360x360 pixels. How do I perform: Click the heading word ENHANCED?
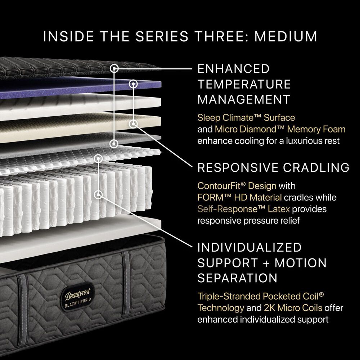point(234,69)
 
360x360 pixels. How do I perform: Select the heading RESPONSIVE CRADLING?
point(273,167)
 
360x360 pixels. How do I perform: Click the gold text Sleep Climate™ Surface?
point(246,118)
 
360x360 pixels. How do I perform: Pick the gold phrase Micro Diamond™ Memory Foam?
point(280,129)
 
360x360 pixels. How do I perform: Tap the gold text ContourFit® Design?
point(237,186)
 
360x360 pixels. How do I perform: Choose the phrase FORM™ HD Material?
point(239,197)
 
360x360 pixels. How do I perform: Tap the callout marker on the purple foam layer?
point(134,84)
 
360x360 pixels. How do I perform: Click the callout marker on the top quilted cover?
point(114,68)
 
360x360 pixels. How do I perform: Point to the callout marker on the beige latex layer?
point(134,124)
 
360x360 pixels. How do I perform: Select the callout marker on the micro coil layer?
point(98,158)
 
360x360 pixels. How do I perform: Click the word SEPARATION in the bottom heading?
point(237,278)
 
